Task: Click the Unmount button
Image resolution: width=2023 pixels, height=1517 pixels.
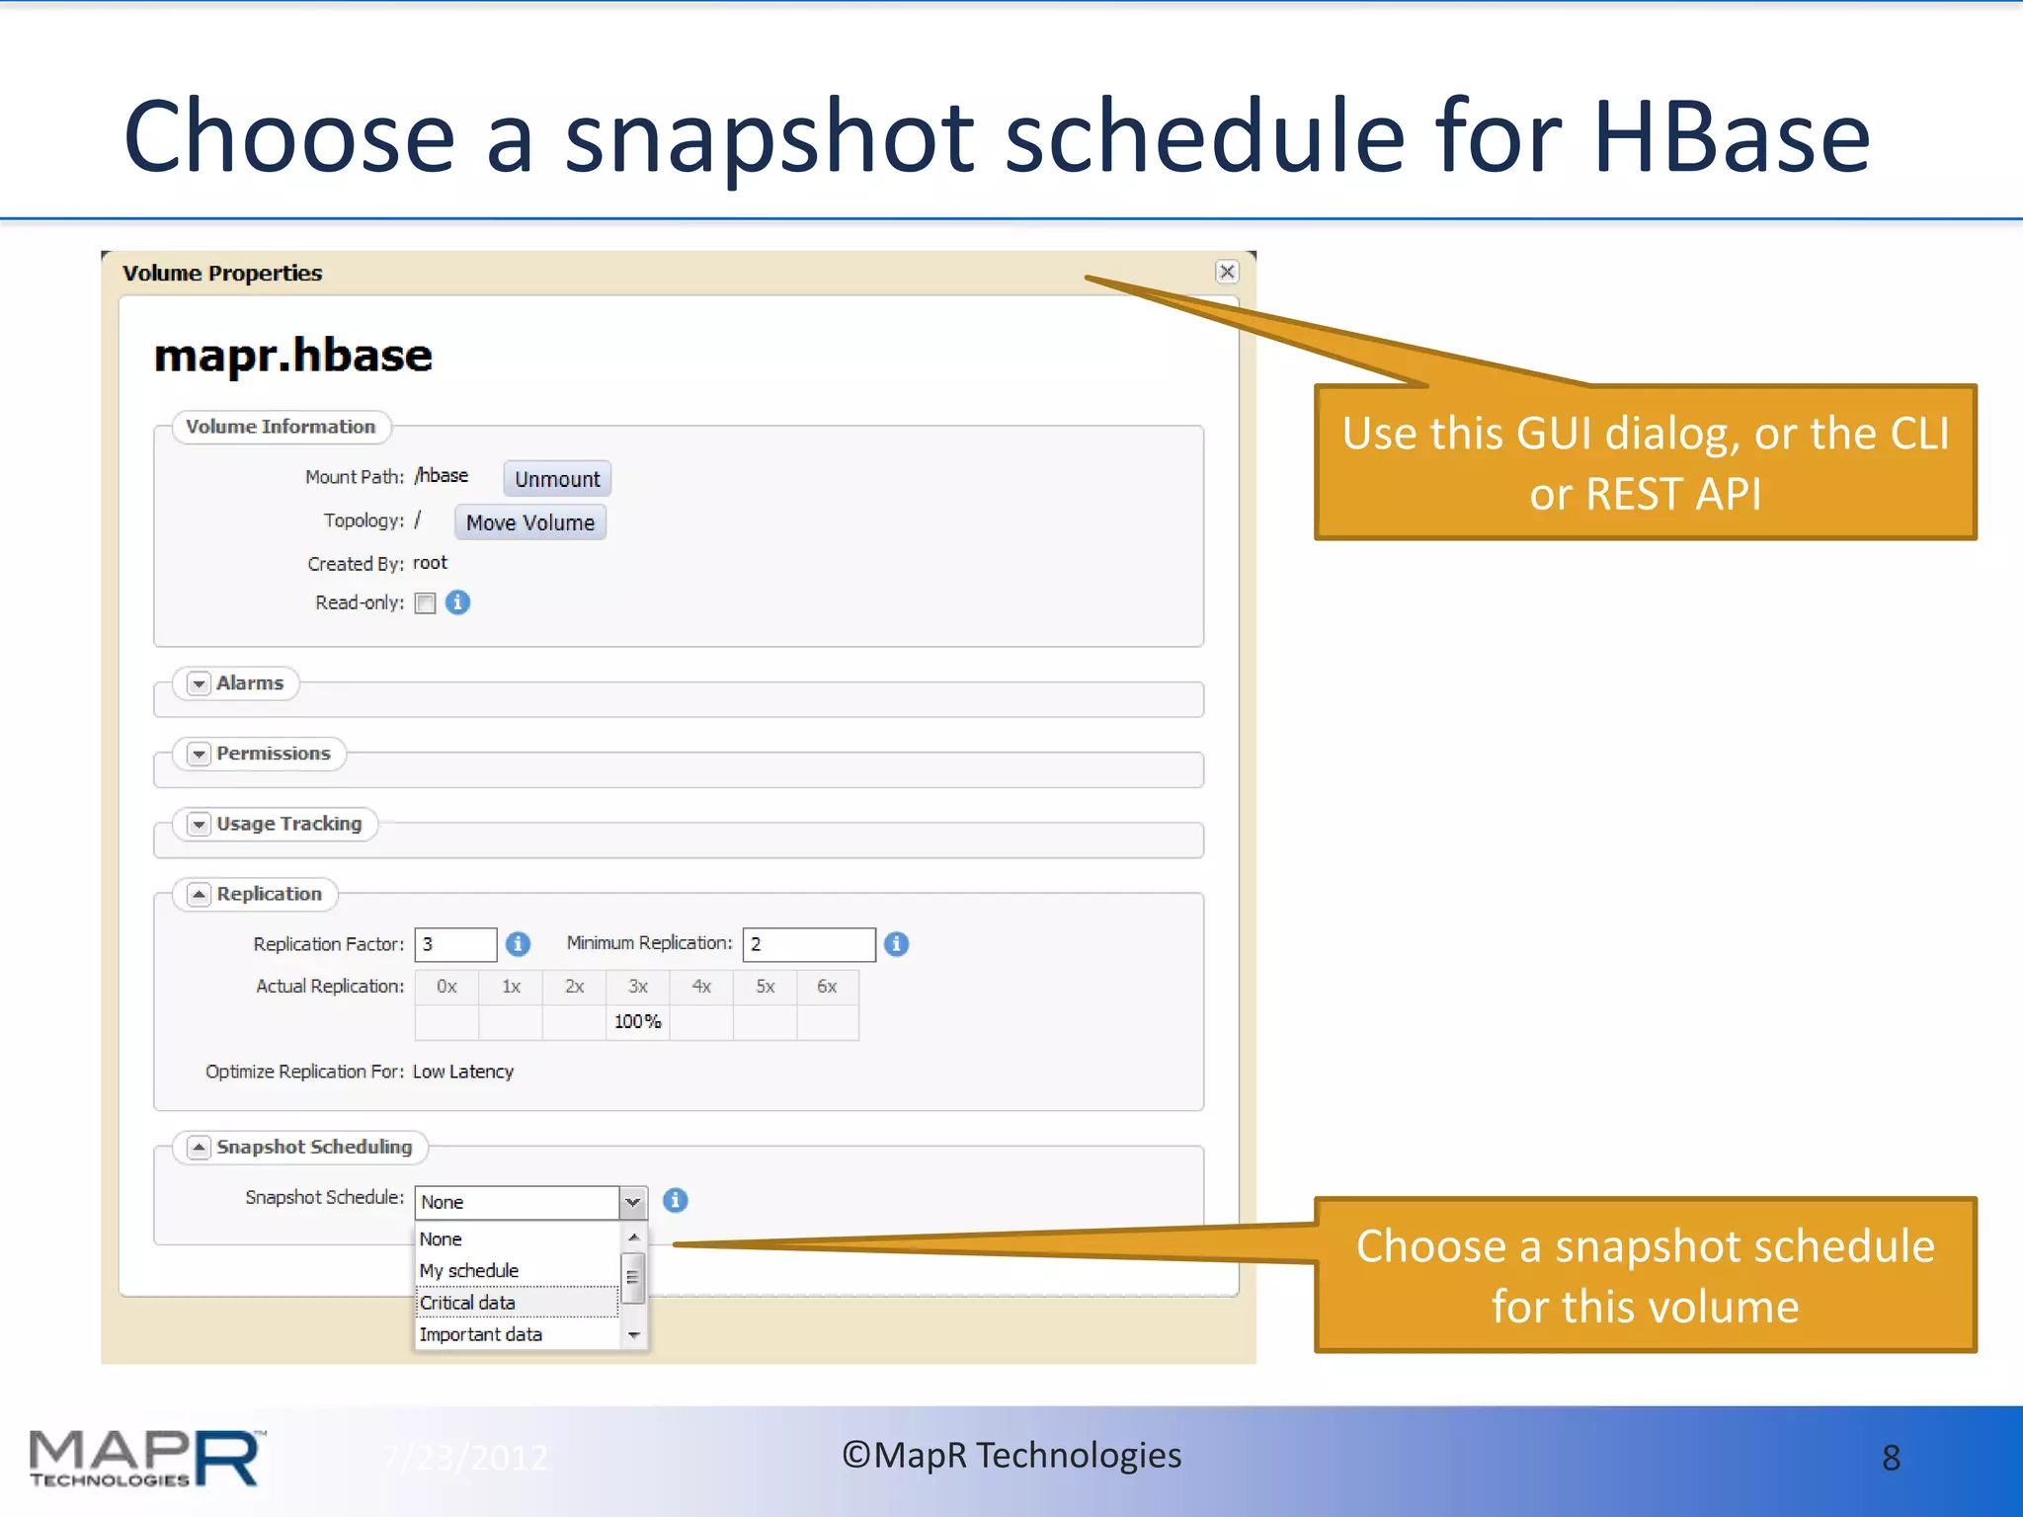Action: pos(557,479)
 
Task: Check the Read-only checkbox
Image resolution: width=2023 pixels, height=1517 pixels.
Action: pos(425,603)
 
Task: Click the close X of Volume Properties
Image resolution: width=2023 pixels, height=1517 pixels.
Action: pos(1227,272)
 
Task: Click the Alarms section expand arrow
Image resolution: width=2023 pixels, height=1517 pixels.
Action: pos(200,683)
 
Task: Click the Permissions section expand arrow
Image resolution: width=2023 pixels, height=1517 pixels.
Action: pos(200,754)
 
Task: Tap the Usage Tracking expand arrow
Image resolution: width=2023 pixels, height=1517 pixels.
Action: pos(200,824)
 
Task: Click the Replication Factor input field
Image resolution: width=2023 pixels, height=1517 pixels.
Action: pos(455,944)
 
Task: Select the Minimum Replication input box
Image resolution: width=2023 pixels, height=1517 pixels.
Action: pos(808,944)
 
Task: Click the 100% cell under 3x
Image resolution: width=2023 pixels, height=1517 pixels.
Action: pos(637,1021)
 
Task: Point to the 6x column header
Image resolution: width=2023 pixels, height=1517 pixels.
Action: pos(827,987)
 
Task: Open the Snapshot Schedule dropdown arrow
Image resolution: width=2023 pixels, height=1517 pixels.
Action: pos(633,1202)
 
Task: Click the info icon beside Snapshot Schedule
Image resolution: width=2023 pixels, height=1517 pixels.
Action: pos(676,1200)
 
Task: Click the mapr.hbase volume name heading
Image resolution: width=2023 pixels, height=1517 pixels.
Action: pos(293,356)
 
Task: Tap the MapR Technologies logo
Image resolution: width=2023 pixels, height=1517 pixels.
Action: pos(146,1458)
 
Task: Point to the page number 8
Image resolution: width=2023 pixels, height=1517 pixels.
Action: pos(1891,1458)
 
